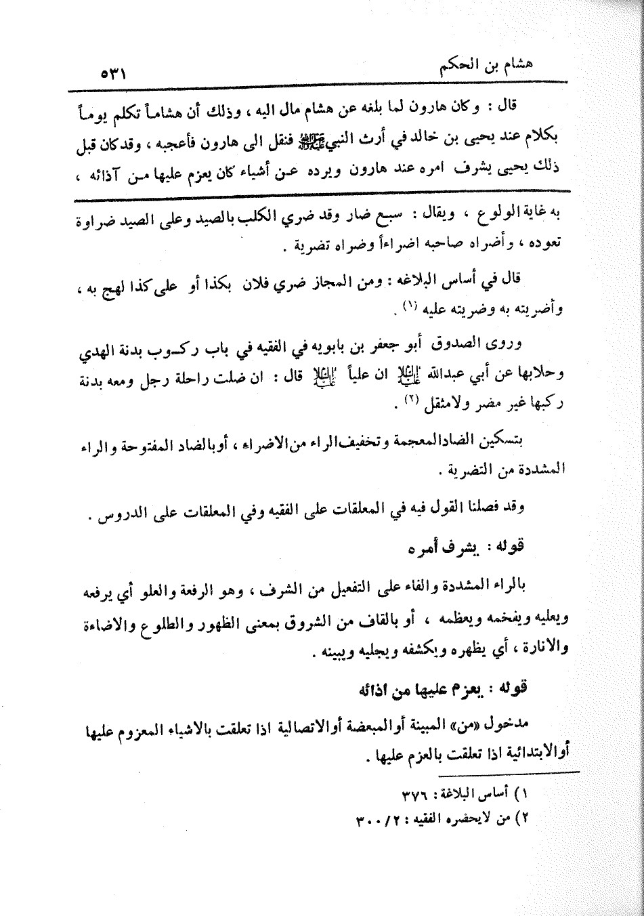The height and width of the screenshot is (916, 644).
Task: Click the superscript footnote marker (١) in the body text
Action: coord(408,308)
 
